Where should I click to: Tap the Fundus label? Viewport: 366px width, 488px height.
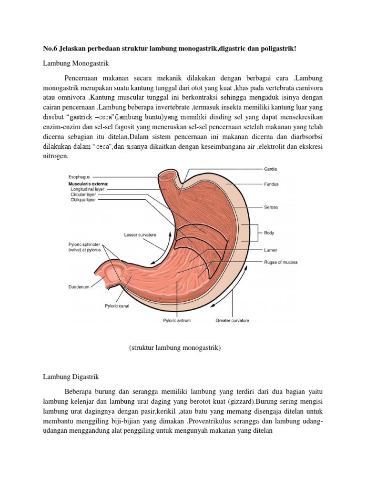pyautogui.click(x=272, y=184)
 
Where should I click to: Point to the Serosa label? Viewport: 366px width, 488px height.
pyautogui.click(x=271, y=207)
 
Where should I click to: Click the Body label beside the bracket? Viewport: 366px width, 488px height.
pyautogui.click(x=269, y=234)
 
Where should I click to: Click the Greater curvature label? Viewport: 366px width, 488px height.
pyautogui.click(x=233, y=321)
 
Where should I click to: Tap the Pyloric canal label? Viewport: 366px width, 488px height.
pyautogui.click(x=117, y=306)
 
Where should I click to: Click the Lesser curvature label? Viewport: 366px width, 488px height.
pyautogui.click(x=140, y=235)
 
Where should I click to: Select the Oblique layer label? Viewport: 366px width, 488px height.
pyautogui.click(x=83, y=200)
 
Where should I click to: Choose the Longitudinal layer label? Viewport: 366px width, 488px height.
pyautogui.click(x=87, y=189)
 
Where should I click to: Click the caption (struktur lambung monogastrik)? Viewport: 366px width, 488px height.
pyautogui.click(x=175, y=348)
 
